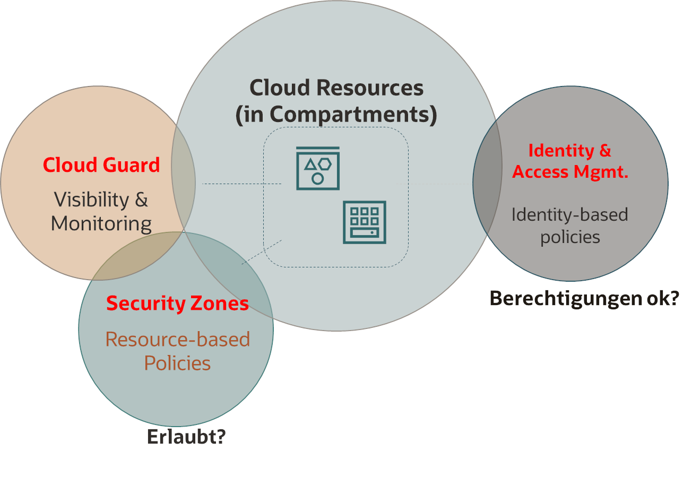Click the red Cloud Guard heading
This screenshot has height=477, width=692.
101,165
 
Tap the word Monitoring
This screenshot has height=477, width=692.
101,223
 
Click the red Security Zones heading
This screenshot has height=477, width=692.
177,303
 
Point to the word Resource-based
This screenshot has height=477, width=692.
177,339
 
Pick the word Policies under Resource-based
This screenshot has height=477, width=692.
177,363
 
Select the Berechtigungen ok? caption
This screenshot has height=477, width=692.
584,299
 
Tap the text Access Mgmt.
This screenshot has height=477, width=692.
570,172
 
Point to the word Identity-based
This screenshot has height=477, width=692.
569,215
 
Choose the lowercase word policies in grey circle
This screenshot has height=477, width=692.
570,237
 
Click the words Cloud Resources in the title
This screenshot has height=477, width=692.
336,88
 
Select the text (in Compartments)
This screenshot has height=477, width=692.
336,115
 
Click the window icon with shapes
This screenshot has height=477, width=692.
317,168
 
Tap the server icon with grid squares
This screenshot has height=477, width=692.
364,222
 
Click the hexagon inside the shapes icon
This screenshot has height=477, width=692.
325,164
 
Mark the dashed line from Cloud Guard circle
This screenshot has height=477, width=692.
241,184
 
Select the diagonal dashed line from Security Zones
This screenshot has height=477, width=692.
261,252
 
